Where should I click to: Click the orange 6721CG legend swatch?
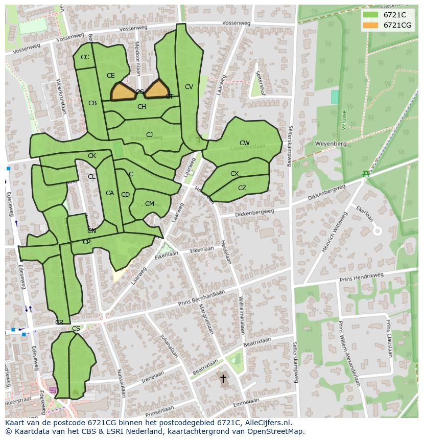point(370,25)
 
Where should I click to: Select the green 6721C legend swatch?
point(370,15)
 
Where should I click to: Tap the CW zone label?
point(245,143)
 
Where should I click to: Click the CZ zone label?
point(242,188)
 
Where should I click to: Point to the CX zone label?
point(234,174)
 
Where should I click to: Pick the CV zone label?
point(189,87)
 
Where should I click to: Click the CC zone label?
point(85,57)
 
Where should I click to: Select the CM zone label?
point(149,203)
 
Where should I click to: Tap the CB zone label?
point(92,103)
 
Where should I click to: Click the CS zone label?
point(76,329)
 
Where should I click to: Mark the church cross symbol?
point(223,378)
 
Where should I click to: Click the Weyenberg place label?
point(331,144)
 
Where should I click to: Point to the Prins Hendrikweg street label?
point(361,277)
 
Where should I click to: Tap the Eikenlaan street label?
point(202,250)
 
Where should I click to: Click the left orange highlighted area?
point(123,92)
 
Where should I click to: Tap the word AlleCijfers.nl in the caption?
point(266,423)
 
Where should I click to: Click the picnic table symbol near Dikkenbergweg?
point(366,174)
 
